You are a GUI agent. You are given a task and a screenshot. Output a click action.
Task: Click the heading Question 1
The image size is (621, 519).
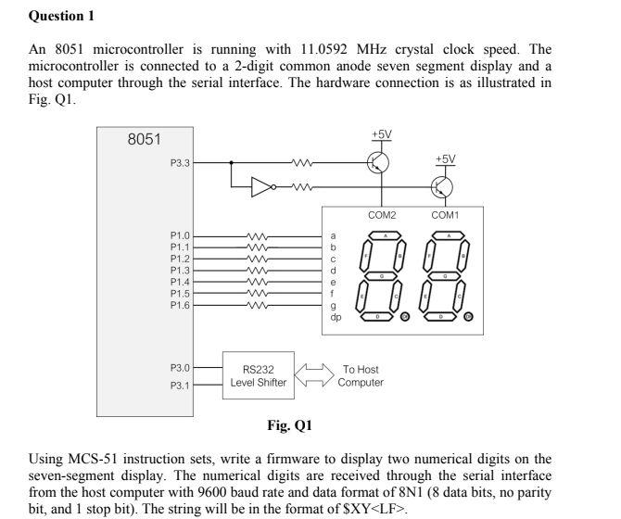pyautogui.click(x=62, y=16)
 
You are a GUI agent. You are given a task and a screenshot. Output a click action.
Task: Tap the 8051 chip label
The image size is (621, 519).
pyautogui.click(x=144, y=140)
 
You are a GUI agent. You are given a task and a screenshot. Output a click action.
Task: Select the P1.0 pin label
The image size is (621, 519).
pyautogui.click(x=180, y=236)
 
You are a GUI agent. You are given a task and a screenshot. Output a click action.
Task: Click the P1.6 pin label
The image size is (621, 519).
pyautogui.click(x=180, y=304)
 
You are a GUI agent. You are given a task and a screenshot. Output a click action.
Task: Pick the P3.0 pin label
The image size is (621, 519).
pyautogui.click(x=180, y=369)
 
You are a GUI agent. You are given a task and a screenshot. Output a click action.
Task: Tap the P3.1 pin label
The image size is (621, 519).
pyautogui.click(x=180, y=386)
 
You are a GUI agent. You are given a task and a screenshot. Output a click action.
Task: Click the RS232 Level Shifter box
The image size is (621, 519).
pyautogui.click(x=259, y=375)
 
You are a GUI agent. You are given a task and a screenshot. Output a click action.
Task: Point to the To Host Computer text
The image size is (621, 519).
pyautogui.click(x=360, y=375)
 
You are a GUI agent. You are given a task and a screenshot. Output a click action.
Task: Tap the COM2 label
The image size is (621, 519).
pyautogui.click(x=382, y=215)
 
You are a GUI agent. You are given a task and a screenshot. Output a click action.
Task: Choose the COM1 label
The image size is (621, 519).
pyautogui.click(x=445, y=215)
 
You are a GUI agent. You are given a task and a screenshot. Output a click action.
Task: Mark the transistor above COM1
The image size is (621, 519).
pyautogui.click(x=441, y=188)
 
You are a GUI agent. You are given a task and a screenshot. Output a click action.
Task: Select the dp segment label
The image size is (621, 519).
pyautogui.click(x=336, y=317)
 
